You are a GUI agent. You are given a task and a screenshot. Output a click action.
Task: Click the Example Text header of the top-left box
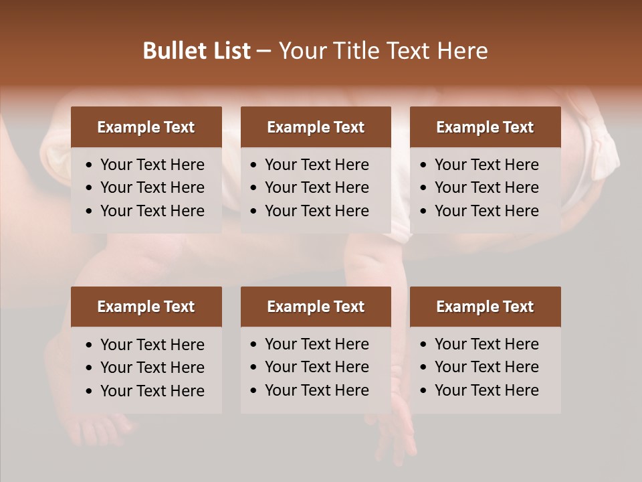pos(146,127)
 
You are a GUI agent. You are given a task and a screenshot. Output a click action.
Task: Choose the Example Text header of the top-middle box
pos(316,127)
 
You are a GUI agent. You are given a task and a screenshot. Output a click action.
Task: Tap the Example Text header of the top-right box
pos(485,127)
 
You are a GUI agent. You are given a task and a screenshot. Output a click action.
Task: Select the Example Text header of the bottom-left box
pos(146,307)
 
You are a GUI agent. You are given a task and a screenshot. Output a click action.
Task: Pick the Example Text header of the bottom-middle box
pos(316,307)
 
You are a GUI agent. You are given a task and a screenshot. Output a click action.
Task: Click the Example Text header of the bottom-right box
pos(485,307)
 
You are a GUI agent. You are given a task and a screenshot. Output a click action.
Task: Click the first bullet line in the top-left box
pos(152,165)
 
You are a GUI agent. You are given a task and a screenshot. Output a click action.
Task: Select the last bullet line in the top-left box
pos(152,211)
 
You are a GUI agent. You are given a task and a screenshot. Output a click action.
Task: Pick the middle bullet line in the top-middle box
pos(317,187)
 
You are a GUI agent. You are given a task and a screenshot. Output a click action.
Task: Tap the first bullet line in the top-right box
pos(487,165)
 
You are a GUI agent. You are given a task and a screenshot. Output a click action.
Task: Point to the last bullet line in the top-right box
pos(487,211)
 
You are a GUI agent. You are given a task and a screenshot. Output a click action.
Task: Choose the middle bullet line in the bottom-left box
pos(152,368)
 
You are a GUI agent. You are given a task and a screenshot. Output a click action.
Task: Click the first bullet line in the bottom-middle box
pos(317,344)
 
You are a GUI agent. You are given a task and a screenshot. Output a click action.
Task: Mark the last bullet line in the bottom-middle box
pos(317,390)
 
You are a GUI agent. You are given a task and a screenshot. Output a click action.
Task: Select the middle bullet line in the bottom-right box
pos(487,367)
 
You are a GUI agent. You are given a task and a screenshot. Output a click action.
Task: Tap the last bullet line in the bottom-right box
pos(487,390)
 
